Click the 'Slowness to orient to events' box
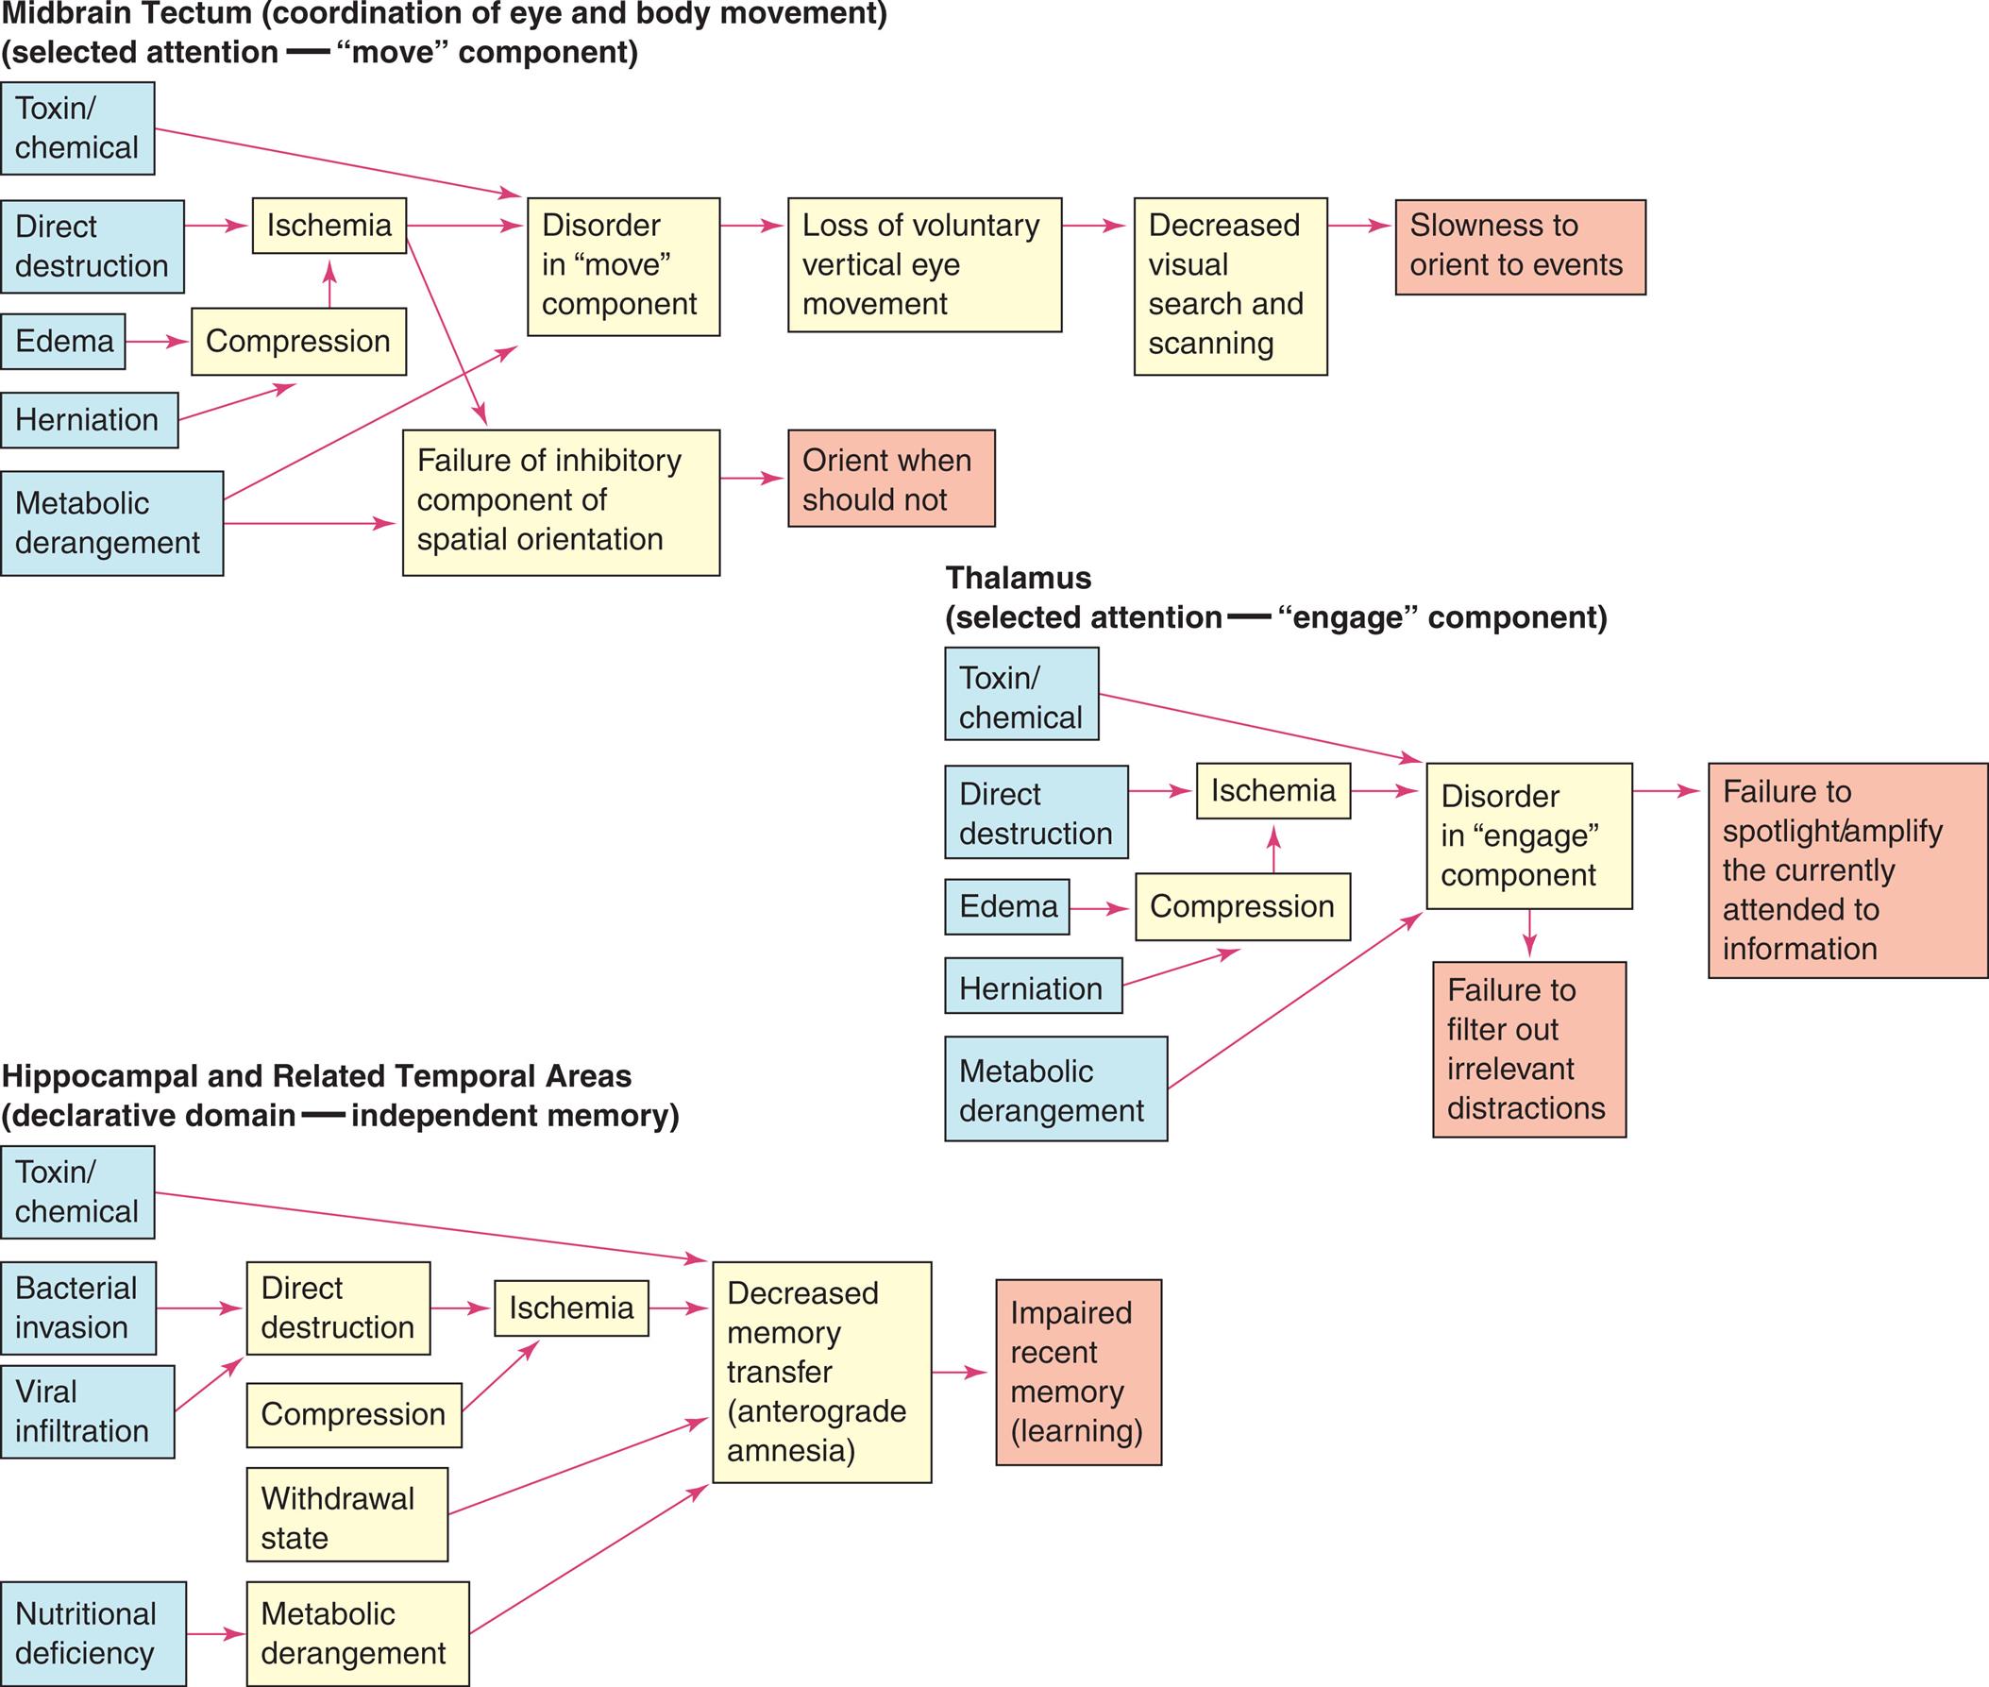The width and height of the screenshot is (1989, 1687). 1520,246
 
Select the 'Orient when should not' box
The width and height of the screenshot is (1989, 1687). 890,479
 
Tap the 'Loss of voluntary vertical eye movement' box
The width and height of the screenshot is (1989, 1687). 924,265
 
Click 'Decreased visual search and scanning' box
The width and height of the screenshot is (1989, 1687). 1230,286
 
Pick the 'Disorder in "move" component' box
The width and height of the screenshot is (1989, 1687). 622,266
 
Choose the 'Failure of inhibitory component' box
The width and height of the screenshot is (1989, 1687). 561,502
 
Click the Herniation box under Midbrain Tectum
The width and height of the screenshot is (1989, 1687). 89,420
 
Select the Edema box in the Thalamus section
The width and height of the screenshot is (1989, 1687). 1007,906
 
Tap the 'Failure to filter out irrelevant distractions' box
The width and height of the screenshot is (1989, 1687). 1528,1049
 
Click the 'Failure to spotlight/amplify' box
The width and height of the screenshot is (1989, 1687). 1846,869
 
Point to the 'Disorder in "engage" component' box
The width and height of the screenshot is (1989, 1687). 1528,835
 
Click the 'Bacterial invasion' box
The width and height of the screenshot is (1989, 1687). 77,1307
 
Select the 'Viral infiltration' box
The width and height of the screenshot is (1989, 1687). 87,1410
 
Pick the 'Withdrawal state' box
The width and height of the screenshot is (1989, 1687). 346,1518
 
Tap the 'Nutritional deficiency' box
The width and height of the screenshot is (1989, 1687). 93,1633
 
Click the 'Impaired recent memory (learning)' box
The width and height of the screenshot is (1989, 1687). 1078,1372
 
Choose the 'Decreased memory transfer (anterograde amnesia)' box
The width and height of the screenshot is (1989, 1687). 821,1372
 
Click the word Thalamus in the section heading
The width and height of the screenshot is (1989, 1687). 1018,578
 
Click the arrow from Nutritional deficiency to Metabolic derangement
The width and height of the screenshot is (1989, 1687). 216,1633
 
